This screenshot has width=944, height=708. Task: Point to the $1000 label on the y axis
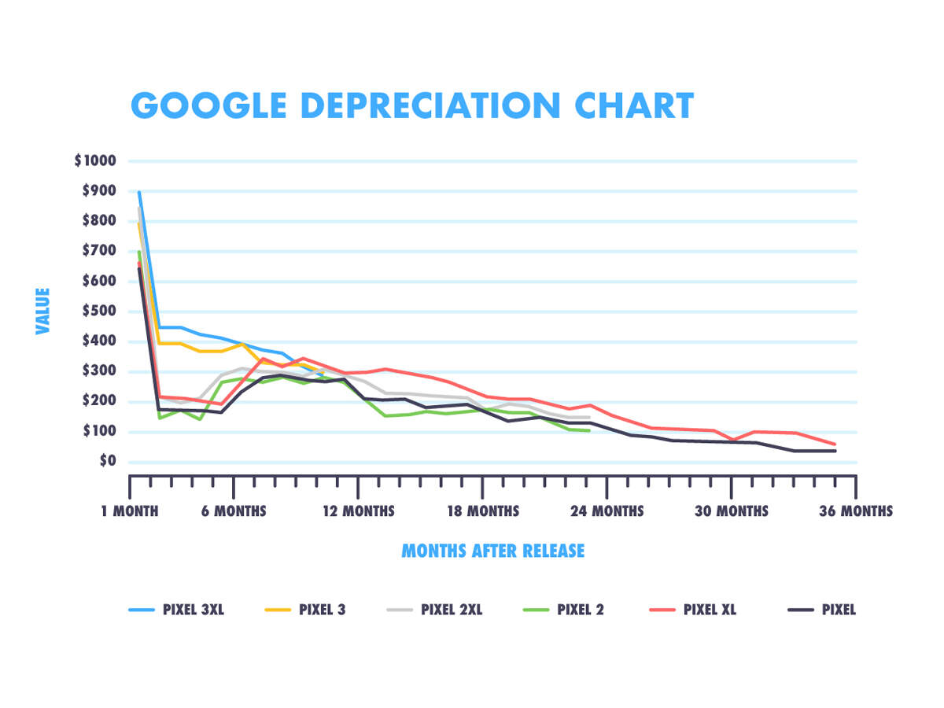[x=95, y=161]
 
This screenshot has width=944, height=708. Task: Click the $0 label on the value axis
[x=106, y=462]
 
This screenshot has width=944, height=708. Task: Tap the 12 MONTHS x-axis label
[x=358, y=511]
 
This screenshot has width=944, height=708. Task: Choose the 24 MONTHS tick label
[x=607, y=511]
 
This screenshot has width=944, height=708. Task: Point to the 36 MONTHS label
[x=856, y=511]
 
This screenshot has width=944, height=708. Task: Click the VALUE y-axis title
[x=42, y=312]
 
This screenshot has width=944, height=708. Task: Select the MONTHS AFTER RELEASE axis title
[x=493, y=551]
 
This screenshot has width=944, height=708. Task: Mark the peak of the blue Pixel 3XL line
[x=139, y=192]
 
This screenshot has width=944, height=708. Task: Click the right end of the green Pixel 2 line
[x=589, y=430]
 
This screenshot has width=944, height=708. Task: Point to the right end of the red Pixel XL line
[x=835, y=444]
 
